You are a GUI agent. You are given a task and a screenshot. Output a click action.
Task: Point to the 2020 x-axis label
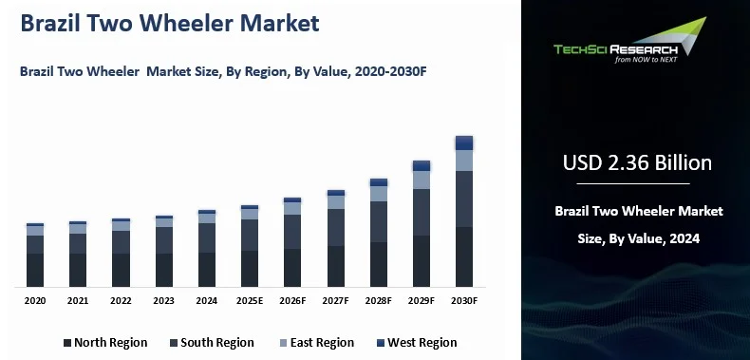pyautogui.click(x=35, y=300)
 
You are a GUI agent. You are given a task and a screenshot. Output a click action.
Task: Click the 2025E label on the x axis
pyautogui.click(x=250, y=300)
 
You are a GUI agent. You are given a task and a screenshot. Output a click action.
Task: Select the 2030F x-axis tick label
pyautogui.click(x=463, y=300)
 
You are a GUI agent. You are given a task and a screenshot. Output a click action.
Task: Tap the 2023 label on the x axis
pyautogui.click(x=164, y=300)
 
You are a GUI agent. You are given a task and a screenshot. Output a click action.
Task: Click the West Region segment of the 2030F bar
pyautogui.click(x=463, y=142)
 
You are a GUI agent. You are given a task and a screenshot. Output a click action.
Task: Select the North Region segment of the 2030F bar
pyautogui.click(x=463, y=256)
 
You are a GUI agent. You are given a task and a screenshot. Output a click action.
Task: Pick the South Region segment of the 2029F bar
pyautogui.click(x=421, y=212)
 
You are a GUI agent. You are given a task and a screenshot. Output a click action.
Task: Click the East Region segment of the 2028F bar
pyautogui.click(x=378, y=194)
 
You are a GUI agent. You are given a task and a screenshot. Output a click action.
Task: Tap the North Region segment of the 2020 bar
pyautogui.click(x=35, y=270)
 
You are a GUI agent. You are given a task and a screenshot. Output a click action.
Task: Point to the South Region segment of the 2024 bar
pyautogui.click(x=207, y=237)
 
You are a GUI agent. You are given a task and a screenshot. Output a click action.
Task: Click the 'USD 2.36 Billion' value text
pyautogui.click(x=637, y=162)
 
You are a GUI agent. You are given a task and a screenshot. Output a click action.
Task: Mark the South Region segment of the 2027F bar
pyautogui.click(x=335, y=227)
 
